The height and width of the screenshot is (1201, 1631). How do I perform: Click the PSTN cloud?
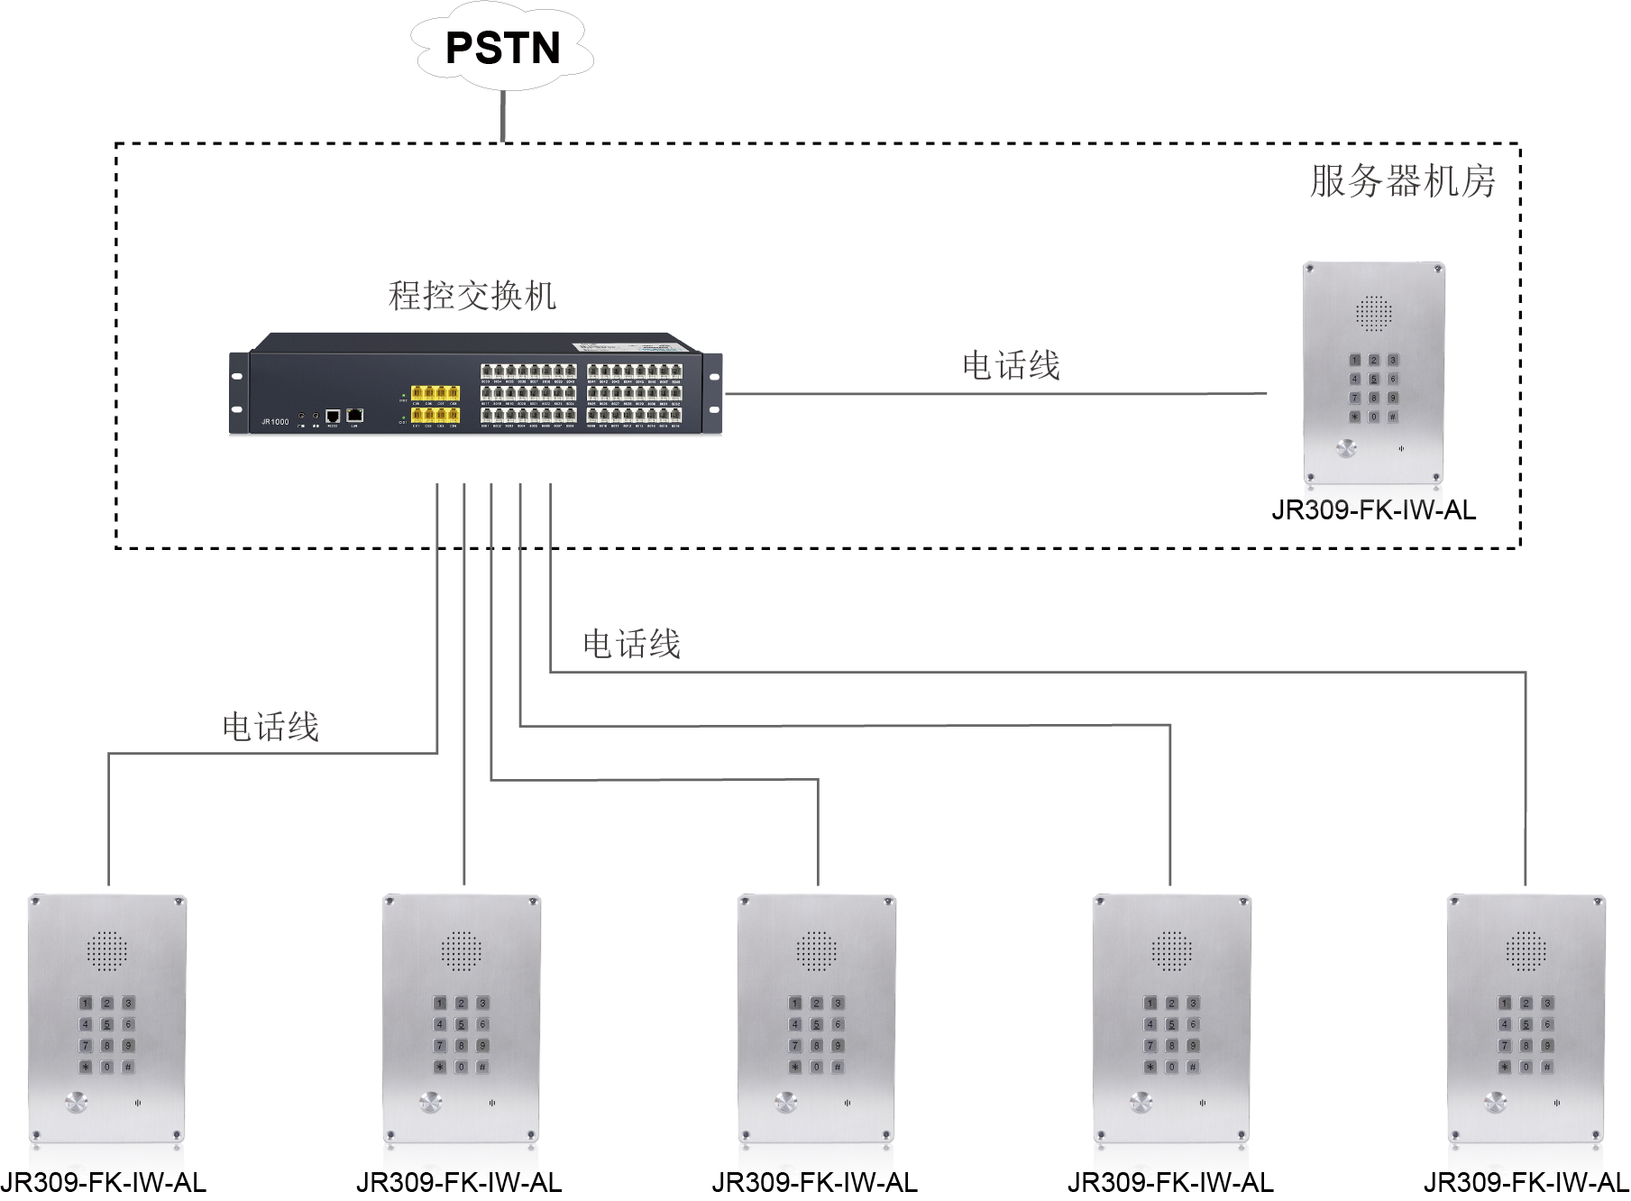tap(502, 48)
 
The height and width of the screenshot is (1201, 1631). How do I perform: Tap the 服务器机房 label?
tap(1402, 181)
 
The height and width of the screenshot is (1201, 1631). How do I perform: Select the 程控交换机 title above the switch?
tap(472, 296)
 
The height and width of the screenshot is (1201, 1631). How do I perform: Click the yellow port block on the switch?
tap(435, 405)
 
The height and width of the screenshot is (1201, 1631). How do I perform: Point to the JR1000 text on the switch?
tap(275, 421)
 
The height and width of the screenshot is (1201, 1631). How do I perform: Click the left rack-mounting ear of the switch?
tap(238, 393)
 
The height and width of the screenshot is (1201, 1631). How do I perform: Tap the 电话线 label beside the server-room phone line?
tap(1011, 366)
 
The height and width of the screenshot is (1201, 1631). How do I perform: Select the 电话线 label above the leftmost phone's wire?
tap(270, 727)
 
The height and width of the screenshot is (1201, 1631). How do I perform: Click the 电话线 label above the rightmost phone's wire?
tap(631, 644)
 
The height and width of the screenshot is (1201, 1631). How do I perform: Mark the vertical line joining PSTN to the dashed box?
tap(503, 115)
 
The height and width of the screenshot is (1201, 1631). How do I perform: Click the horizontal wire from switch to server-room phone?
tap(992, 394)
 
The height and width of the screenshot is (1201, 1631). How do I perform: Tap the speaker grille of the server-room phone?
tap(1374, 313)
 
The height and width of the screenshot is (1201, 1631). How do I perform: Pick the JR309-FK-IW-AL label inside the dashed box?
tap(1374, 511)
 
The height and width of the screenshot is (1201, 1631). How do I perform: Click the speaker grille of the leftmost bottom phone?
tap(106, 950)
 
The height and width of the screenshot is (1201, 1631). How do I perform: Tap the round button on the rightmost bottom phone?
tap(1496, 1102)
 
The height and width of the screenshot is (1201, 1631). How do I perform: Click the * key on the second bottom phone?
tap(440, 1067)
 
